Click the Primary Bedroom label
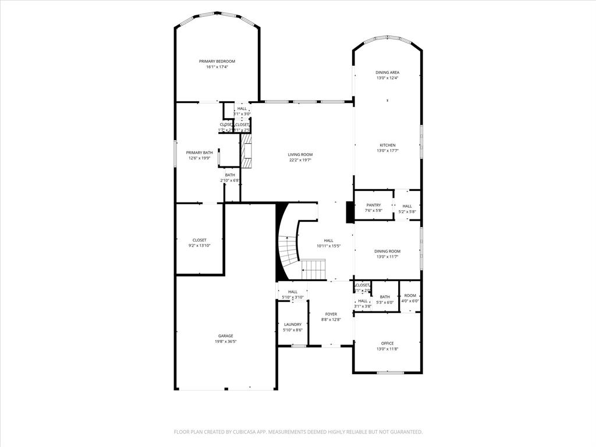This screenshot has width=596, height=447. click(x=217, y=61)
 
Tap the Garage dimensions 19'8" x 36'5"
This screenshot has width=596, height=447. click(x=225, y=342)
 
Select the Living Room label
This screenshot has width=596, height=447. click(x=300, y=154)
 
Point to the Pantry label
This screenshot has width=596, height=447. click(x=373, y=205)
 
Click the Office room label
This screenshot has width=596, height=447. click(x=387, y=343)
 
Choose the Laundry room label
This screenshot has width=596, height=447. click(x=292, y=324)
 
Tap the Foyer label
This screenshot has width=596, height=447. click(x=331, y=314)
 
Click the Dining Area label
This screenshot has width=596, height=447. click(x=387, y=72)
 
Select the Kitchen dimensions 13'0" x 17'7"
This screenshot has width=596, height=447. click(x=388, y=151)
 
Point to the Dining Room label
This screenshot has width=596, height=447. click(x=387, y=251)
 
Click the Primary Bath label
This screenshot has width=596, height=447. click(x=200, y=152)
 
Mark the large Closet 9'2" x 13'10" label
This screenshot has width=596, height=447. click(x=200, y=240)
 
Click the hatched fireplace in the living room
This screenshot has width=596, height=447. click(x=246, y=151)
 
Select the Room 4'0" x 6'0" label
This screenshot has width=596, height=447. click(x=410, y=296)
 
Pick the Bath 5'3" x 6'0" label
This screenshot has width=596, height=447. click(x=385, y=297)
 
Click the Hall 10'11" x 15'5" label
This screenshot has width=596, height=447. click(x=328, y=240)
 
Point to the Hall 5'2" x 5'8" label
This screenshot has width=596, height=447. click(x=407, y=205)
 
